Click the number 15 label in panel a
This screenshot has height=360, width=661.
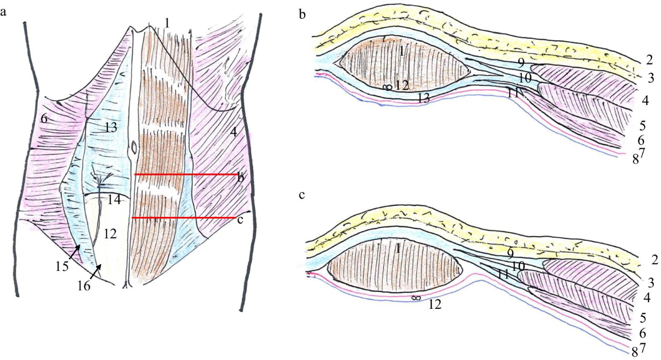click(62, 267)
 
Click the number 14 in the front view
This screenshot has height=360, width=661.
click(114, 200)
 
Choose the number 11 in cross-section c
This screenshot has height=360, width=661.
click(501, 274)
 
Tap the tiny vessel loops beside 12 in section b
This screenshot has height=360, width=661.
click(387, 86)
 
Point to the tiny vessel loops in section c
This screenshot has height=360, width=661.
click(416, 297)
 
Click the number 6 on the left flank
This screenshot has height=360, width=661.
click(44, 118)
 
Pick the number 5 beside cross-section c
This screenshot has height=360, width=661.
click(642, 318)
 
